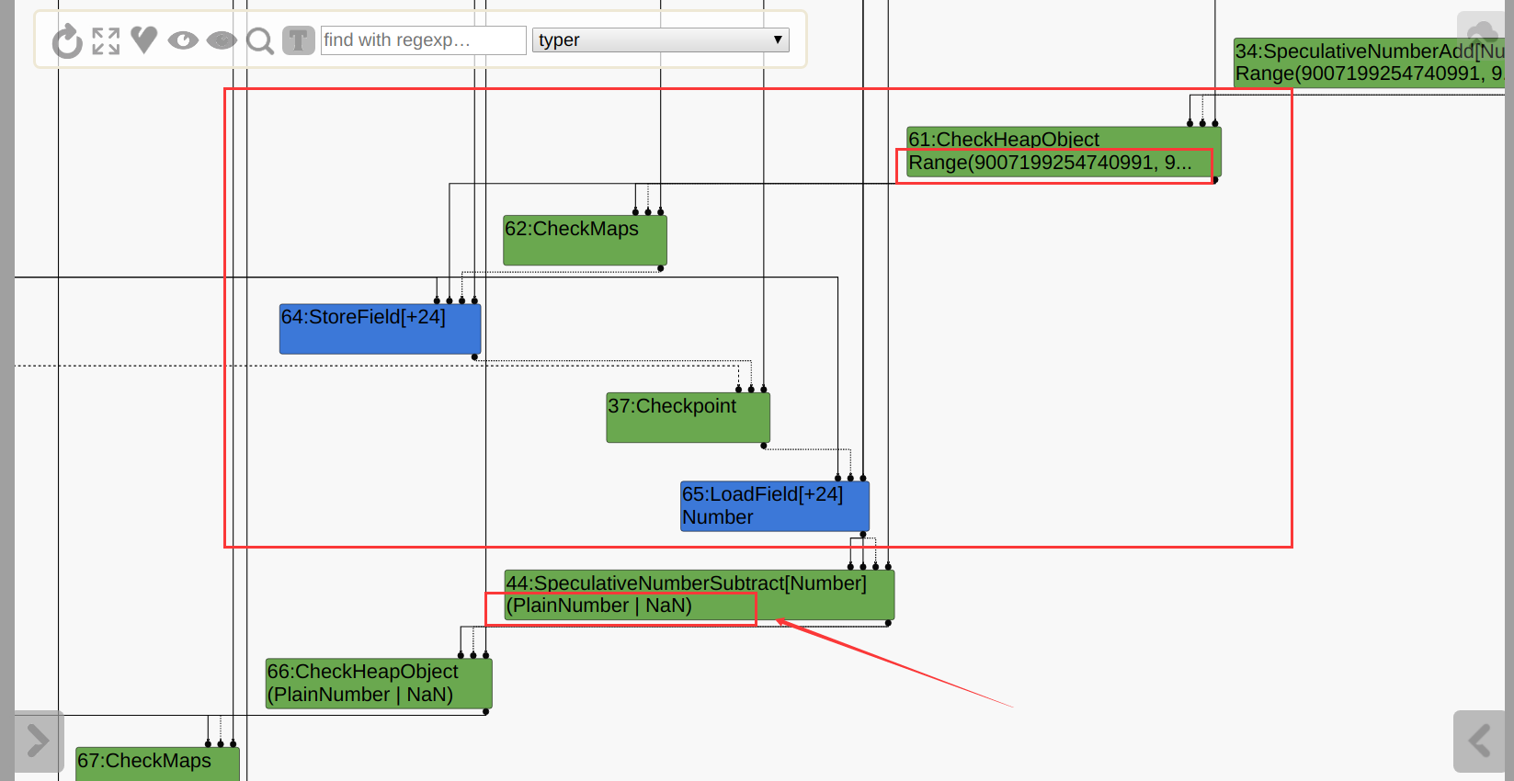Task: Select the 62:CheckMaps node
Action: tap(585, 240)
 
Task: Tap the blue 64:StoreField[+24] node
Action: tap(380, 329)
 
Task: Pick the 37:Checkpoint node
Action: tap(688, 417)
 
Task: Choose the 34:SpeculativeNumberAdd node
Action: tap(1369, 62)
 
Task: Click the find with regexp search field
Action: tap(423, 40)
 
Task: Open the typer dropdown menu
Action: tap(660, 40)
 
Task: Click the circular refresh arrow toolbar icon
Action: tap(67, 41)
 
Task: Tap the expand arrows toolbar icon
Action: tap(106, 41)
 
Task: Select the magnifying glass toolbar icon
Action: tap(260, 41)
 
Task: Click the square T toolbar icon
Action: tap(298, 40)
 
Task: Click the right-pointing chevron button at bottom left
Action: tap(39, 741)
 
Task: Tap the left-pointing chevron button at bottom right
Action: tap(1478, 741)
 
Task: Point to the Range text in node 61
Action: tap(1049, 164)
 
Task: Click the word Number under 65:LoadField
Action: tap(718, 518)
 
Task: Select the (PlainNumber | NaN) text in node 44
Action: tap(599, 606)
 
